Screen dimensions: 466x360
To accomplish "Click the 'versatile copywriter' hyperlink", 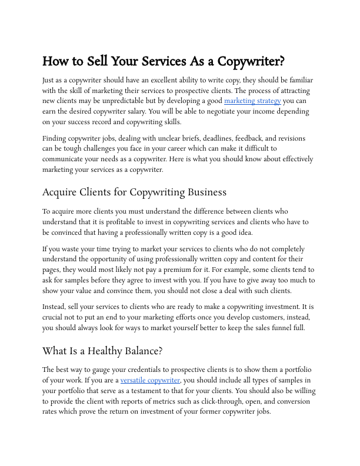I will (x=150, y=381).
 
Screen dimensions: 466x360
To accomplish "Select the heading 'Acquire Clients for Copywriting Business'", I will (x=134, y=192).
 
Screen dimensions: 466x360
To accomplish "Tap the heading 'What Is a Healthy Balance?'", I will (x=102, y=351).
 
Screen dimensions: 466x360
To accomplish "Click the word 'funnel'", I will (x=280, y=328).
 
